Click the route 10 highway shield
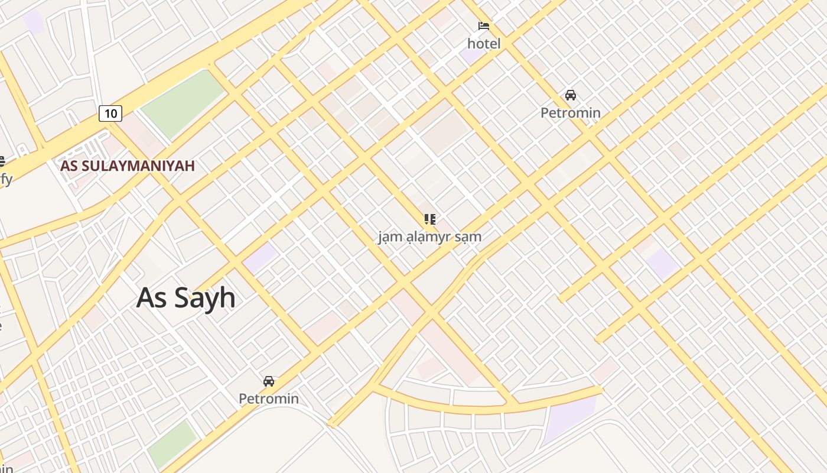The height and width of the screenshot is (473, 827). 110,113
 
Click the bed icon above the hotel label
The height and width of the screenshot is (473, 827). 484,26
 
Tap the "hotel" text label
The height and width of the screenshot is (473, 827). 484,44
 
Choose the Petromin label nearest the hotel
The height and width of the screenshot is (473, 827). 570,112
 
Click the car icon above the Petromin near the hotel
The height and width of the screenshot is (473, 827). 570,95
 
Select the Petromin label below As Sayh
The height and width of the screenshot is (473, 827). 269,399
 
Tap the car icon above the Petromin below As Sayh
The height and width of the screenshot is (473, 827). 269,381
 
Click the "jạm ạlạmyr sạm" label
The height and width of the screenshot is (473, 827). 430,237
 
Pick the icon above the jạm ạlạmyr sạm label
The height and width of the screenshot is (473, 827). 430,219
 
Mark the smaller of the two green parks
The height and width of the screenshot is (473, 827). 172,443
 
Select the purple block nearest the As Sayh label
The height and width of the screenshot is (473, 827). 261,258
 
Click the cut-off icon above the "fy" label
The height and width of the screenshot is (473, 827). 2,161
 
